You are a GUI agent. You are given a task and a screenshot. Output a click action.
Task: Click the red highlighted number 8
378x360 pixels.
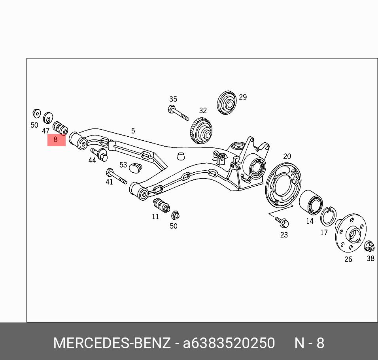56,139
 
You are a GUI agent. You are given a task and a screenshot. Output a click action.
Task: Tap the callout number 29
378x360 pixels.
243,97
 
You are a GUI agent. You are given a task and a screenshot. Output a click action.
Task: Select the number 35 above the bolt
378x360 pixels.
173,99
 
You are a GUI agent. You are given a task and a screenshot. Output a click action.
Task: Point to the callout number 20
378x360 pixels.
287,156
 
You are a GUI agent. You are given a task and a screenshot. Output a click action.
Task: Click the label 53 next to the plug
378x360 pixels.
123,165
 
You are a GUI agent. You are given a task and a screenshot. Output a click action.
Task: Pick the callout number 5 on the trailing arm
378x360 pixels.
133,131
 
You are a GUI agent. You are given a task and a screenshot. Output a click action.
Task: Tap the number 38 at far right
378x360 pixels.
370,258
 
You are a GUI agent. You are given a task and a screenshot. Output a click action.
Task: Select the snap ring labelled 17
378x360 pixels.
328,217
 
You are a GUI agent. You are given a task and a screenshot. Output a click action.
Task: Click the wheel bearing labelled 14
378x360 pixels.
311,202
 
